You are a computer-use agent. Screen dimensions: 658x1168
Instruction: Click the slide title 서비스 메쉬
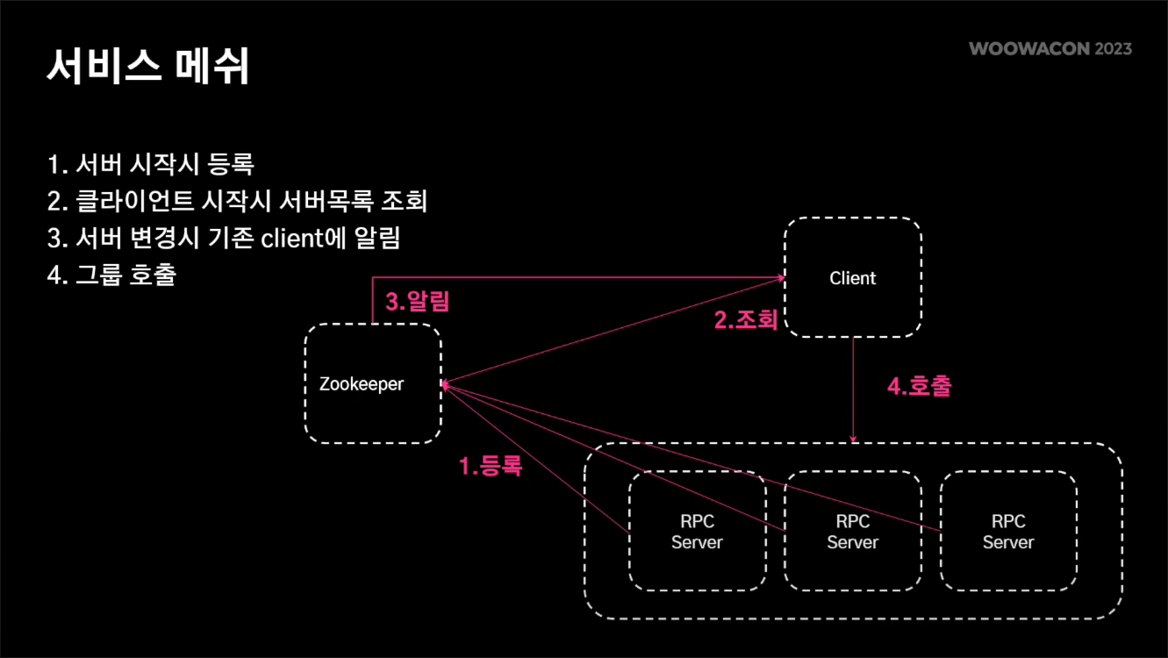(x=147, y=67)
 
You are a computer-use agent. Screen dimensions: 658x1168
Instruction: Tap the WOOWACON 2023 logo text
(x=1050, y=48)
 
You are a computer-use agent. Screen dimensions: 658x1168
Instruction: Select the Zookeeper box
(x=373, y=383)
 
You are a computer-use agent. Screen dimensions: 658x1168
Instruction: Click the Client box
(x=853, y=278)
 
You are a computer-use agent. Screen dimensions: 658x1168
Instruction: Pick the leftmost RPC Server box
(x=697, y=532)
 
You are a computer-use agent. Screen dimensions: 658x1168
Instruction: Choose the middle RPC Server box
(x=853, y=532)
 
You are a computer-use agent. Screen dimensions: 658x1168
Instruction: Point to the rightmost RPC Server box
(x=1008, y=532)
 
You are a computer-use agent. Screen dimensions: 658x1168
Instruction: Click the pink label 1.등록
(x=491, y=467)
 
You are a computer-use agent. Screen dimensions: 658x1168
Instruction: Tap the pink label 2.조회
(x=746, y=320)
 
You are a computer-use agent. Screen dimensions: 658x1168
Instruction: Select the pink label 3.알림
(x=418, y=302)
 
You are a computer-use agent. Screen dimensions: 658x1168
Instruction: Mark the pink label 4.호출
(x=919, y=386)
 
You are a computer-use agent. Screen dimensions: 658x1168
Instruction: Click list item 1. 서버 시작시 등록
(x=150, y=164)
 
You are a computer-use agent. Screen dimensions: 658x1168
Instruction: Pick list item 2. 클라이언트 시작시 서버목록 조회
(x=237, y=201)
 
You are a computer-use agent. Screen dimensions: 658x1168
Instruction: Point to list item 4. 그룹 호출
(x=111, y=275)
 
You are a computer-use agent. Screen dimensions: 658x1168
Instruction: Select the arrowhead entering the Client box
(x=779, y=278)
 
